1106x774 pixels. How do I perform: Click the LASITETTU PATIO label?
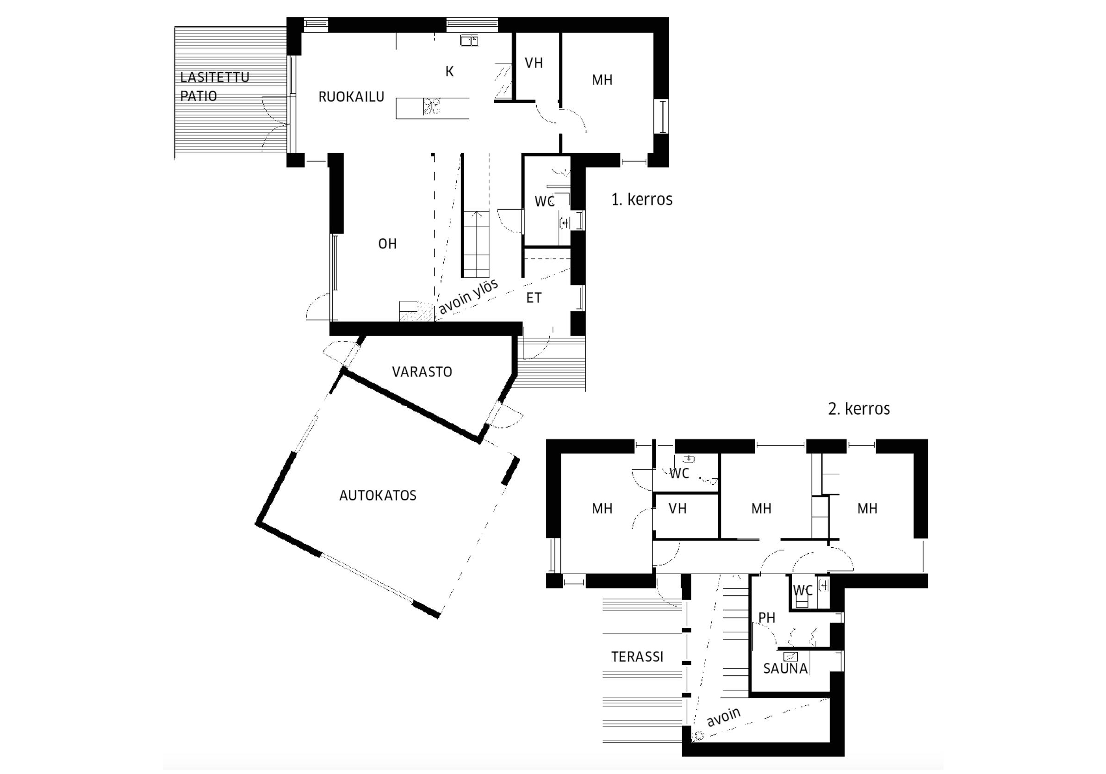215,86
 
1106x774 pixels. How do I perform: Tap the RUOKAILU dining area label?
351,97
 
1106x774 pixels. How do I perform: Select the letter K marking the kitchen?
449,71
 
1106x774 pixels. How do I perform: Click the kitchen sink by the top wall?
469,40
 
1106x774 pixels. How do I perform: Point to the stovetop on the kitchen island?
432,106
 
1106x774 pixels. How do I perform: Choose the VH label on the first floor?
534,63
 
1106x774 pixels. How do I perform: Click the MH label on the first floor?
602,80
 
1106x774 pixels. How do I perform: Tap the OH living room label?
387,244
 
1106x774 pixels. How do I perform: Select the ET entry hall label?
534,298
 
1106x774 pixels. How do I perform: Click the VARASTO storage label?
422,372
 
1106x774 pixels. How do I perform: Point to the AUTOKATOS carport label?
378,495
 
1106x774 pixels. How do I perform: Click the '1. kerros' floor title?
642,199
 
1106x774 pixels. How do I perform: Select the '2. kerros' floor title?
859,409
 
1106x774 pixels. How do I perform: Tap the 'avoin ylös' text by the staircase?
468,297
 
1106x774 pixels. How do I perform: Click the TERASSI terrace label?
637,657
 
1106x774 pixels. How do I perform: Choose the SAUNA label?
785,669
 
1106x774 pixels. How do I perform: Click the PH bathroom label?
767,618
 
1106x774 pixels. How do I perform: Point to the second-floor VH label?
677,508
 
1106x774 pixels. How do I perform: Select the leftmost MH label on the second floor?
602,508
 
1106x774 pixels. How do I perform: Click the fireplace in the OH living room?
410,311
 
